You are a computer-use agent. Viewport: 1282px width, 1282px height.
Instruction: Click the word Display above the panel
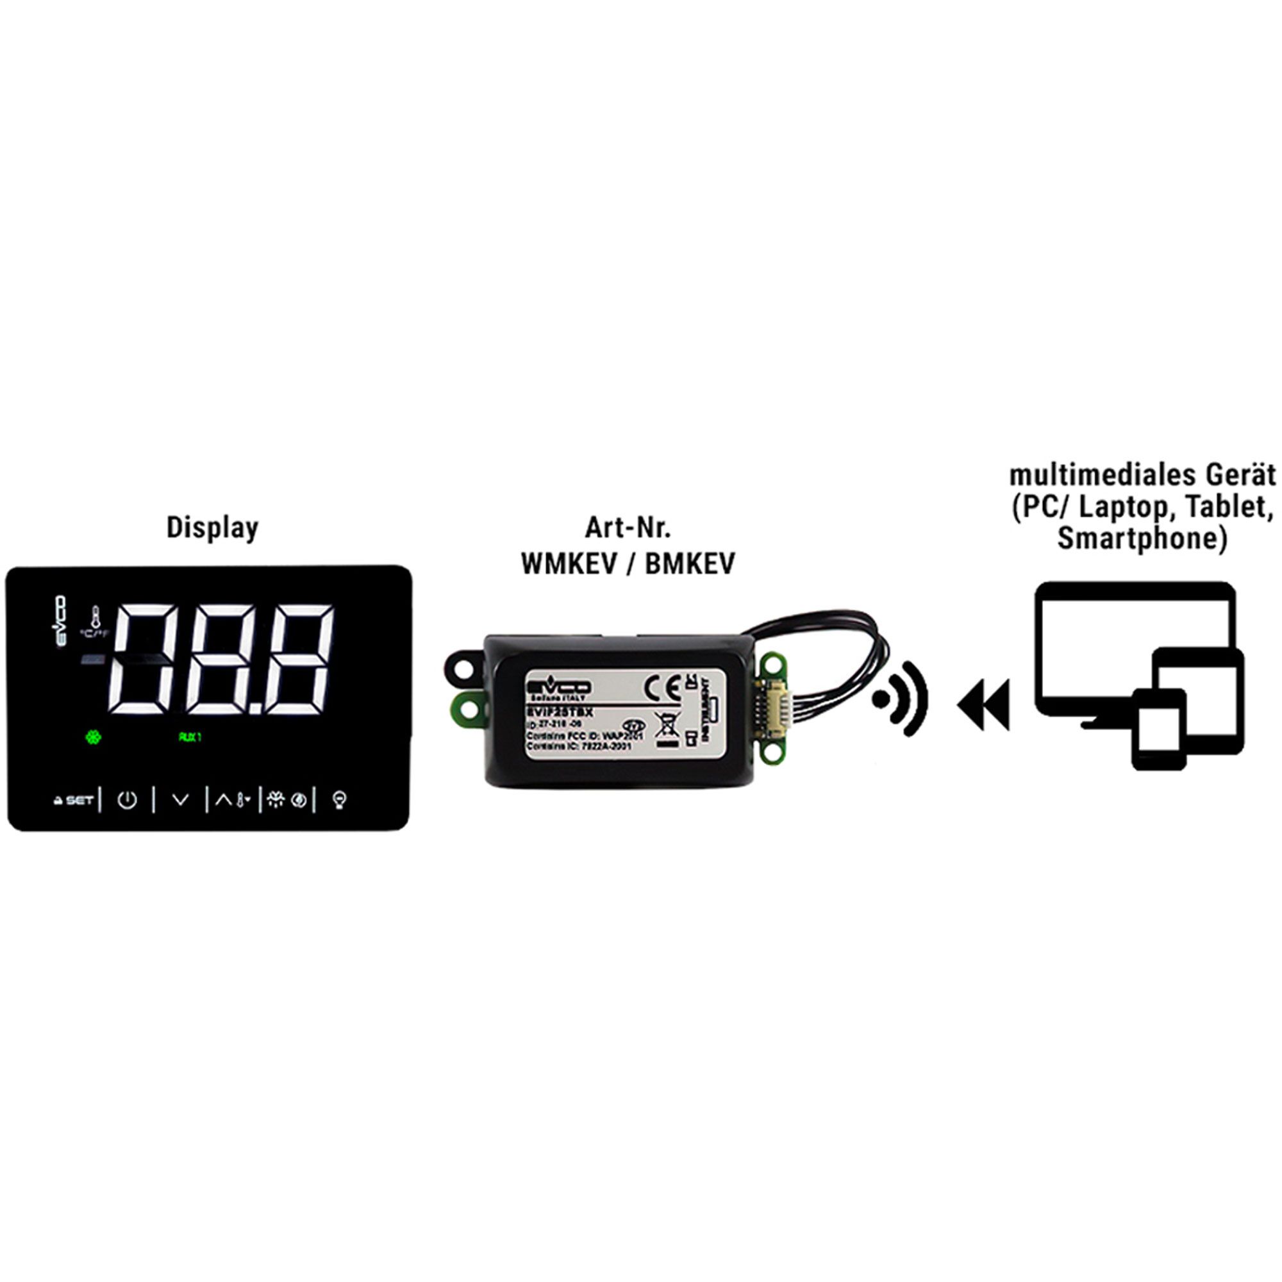[212, 528]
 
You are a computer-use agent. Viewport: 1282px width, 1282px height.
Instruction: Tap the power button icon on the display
[127, 799]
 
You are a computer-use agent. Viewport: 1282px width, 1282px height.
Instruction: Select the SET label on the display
[79, 800]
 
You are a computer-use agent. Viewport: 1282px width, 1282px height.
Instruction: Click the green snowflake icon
[94, 737]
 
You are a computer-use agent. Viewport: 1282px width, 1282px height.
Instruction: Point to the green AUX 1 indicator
[190, 737]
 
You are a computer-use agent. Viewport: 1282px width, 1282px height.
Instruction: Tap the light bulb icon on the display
[340, 799]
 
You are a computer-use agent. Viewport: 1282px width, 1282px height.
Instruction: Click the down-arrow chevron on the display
[181, 799]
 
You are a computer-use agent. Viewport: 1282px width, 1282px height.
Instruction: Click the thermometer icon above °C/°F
[96, 617]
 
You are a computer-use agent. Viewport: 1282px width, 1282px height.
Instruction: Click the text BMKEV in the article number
[690, 564]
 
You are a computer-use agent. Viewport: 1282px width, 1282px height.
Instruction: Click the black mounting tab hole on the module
[463, 665]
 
